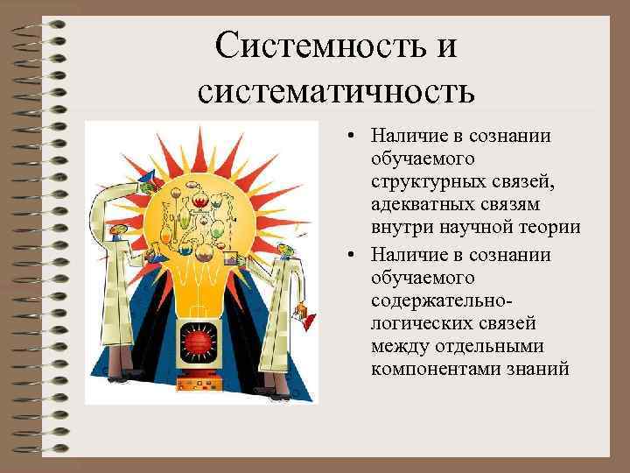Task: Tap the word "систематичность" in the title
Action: point(336,90)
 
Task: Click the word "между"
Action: point(398,346)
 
